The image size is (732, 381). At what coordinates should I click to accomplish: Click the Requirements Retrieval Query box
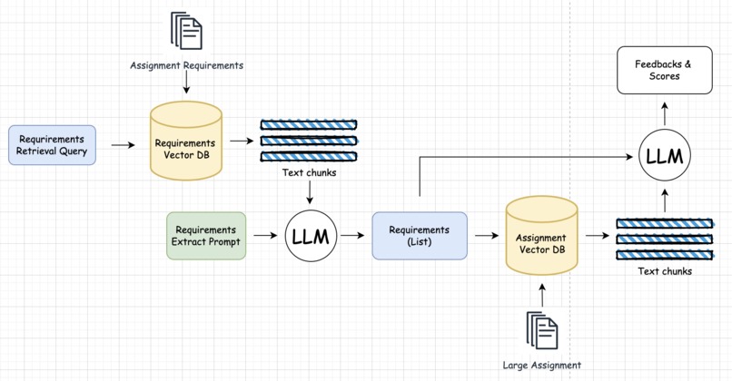(52, 145)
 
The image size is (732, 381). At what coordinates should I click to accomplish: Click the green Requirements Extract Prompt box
(206, 236)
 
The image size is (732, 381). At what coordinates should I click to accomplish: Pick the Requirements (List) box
(419, 236)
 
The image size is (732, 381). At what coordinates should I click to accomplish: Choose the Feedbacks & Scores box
(664, 70)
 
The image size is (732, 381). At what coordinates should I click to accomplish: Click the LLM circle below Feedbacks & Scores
(664, 157)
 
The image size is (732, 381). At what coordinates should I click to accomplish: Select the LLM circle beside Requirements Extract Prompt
(311, 236)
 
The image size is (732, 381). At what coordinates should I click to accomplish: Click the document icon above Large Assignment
(542, 331)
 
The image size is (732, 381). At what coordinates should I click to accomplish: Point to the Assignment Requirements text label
(186, 65)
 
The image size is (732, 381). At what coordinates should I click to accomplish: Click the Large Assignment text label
(542, 366)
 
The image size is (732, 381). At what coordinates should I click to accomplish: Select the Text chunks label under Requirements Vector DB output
(310, 172)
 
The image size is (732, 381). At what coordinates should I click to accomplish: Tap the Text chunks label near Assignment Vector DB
(664, 271)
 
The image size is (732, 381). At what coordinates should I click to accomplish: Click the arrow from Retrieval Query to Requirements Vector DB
(123, 145)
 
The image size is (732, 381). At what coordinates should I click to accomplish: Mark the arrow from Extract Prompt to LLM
(264, 236)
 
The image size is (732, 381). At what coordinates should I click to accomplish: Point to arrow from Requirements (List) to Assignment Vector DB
(486, 236)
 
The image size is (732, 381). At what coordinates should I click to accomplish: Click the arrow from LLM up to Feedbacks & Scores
(664, 113)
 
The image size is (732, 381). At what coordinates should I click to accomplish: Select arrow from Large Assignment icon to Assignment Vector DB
(542, 294)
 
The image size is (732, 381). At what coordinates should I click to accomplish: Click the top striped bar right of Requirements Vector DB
(309, 124)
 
